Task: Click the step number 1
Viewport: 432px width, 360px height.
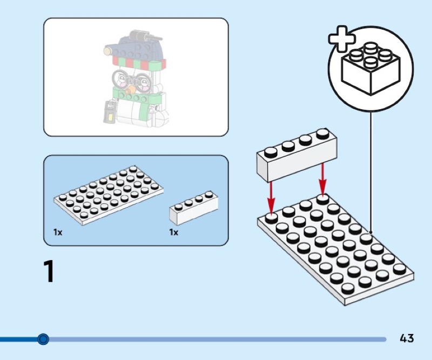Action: (49, 272)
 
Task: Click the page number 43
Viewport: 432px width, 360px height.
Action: (407, 338)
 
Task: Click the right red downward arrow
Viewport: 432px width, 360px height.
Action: (323, 178)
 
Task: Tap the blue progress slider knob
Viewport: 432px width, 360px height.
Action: (43, 339)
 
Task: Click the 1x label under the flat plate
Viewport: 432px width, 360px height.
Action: (58, 232)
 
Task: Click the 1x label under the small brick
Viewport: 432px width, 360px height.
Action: (173, 232)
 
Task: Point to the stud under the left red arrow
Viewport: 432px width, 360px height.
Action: (271, 217)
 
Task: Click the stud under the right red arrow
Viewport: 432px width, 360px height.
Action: (322, 199)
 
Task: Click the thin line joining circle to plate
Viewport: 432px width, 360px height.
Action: (371, 173)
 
